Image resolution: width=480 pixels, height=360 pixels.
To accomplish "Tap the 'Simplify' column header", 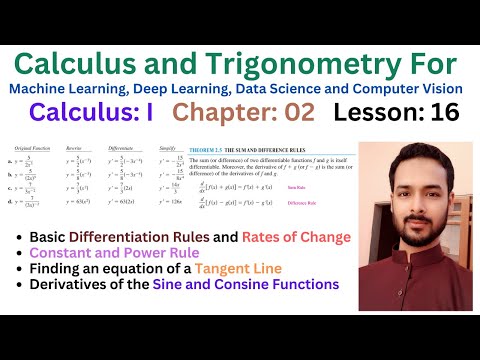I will pyautogui.click(x=167, y=145).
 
